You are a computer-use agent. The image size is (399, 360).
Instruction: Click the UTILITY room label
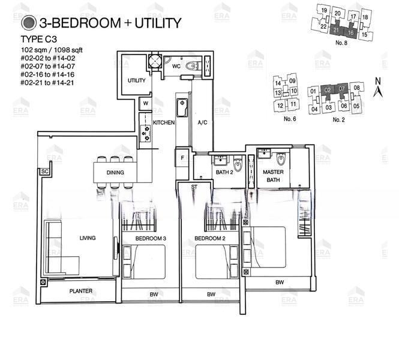click(x=136, y=80)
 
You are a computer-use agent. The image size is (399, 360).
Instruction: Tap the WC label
click(x=176, y=67)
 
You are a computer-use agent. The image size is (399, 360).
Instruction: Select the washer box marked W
click(x=146, y=104)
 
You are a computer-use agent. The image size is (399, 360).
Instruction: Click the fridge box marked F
click(x=182, y=158)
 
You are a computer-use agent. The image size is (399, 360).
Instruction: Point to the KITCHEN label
click(x=164, y=122)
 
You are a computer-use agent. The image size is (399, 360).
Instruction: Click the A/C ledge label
click(x=202, y=122)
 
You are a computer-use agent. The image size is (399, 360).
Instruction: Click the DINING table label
click(x=115, y=172)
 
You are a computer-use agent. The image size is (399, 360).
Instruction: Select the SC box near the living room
click(x=45, y=171)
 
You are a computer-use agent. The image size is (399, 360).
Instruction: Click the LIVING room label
click(x=88, y=238)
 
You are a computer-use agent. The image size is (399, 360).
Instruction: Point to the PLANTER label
click(x=81, y=291)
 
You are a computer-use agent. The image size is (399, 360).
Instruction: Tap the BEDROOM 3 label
click(x=151, y=239)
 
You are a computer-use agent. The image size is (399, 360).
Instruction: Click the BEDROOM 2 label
click(x=210, y=239)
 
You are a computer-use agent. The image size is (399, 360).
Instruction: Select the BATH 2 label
click(x=224, y=172)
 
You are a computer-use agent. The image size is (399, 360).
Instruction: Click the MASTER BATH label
click(x=273, y=176)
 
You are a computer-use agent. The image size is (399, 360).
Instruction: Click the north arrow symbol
click(x=378, y=88)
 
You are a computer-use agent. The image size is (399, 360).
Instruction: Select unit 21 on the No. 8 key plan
click(x=336, y=30)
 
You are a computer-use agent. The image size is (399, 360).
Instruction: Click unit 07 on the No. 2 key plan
click(x=341, y=89)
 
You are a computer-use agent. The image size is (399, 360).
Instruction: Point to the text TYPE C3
click(x=38, y=39)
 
